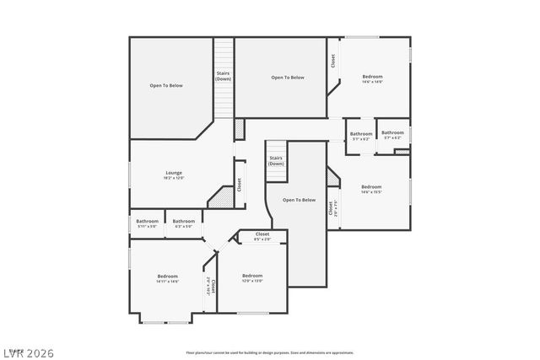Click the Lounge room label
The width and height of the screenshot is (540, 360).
point(174,173)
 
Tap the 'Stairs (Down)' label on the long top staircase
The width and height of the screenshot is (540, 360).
point(224,76)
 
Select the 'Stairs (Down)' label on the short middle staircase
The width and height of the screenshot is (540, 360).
point(276,160)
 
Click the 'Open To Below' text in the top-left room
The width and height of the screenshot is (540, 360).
point(166,85)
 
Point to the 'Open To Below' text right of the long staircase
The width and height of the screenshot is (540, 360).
point(288,78)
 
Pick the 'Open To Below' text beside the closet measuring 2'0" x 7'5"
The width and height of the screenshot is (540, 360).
point(299,200)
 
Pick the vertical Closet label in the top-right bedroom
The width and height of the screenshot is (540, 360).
point(333,62)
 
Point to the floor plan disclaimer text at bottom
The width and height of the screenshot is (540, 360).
point(271,352)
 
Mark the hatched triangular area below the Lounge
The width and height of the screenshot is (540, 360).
point(221,198)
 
